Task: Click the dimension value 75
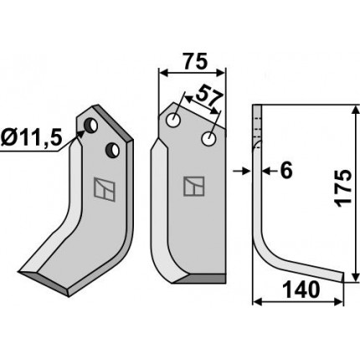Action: pyautogui.click(x=196, y=61)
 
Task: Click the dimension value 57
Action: pyautogui.click(x=209, y=97)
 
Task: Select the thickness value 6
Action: pyautogui.click(x=286, y=170)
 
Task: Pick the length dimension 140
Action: pyautogui.click(x=301, y=289)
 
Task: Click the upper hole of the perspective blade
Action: pyautogui.click(x=91, y=126)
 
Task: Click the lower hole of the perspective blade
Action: pyautogui.click(x=112, y=150)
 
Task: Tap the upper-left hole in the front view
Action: pyautogui.click(x=173, y=121)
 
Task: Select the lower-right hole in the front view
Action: pyautogui.click(x=208, y=139)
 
